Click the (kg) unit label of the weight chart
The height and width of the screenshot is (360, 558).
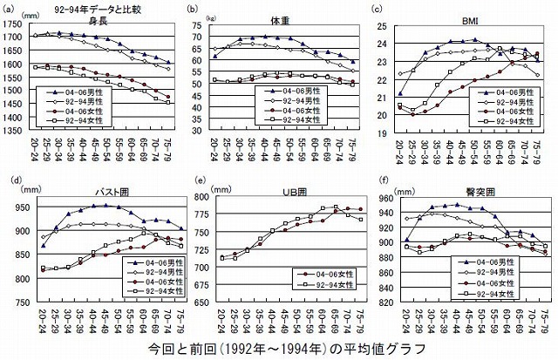point(211,16)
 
